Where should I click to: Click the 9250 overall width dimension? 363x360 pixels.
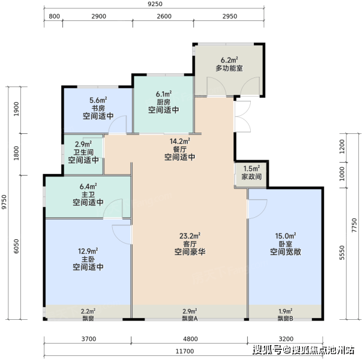(155, 4)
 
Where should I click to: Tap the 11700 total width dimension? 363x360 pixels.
(185, 351)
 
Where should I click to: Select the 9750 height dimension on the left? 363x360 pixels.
(4, 202)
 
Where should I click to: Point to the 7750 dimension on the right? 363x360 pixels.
(355, 225)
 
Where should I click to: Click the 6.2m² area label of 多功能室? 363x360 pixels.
(229, 60)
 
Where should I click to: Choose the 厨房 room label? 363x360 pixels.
(163, 102)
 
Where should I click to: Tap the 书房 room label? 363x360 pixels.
(98, 108)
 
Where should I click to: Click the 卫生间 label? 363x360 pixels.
(83, 152)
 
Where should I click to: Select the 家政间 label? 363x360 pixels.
(251, 176)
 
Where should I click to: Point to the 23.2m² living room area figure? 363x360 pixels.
(190, 236)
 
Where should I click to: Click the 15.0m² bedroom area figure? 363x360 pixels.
(286, 236)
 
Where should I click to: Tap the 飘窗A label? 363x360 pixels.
(190, 319)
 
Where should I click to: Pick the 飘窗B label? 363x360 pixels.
(286, 319)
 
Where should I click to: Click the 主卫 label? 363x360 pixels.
(88, 194)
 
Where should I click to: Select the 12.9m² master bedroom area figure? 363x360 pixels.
(88, 251)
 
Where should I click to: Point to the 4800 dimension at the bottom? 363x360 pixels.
(190, 339)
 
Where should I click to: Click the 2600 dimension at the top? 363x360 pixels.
(164, 16)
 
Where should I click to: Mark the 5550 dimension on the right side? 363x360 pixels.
(342, 253)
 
